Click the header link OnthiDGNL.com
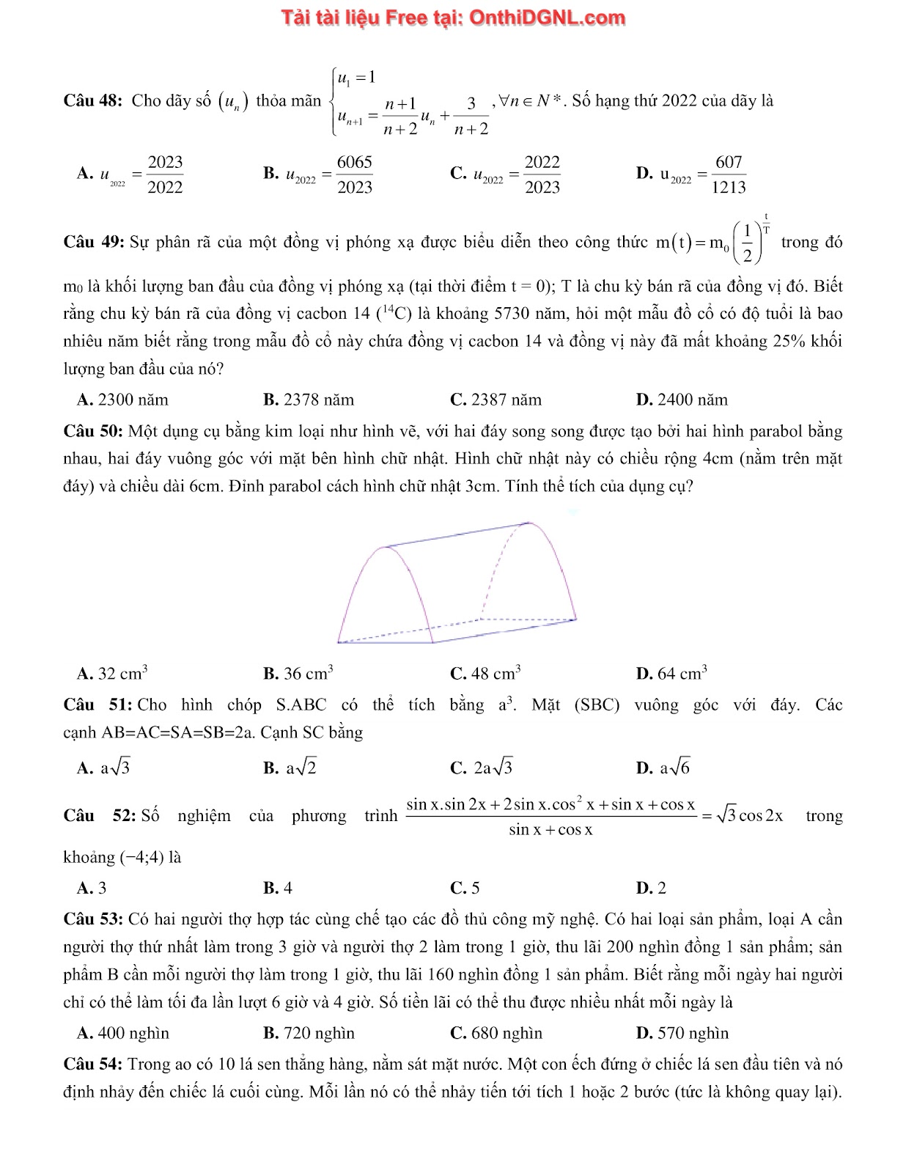[545, 18]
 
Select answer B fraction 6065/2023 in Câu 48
[355, 174]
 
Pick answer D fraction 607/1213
[728, 174]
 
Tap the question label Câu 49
[95, 243]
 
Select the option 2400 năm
[692, 400]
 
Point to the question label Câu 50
[95, 431]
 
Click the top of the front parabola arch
[382, 547]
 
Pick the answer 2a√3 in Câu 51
[493, 768]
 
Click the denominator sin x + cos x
[550, 830]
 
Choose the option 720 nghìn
[319, 1033]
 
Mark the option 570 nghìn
[693, 1033]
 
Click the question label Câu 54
[94, 1064]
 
